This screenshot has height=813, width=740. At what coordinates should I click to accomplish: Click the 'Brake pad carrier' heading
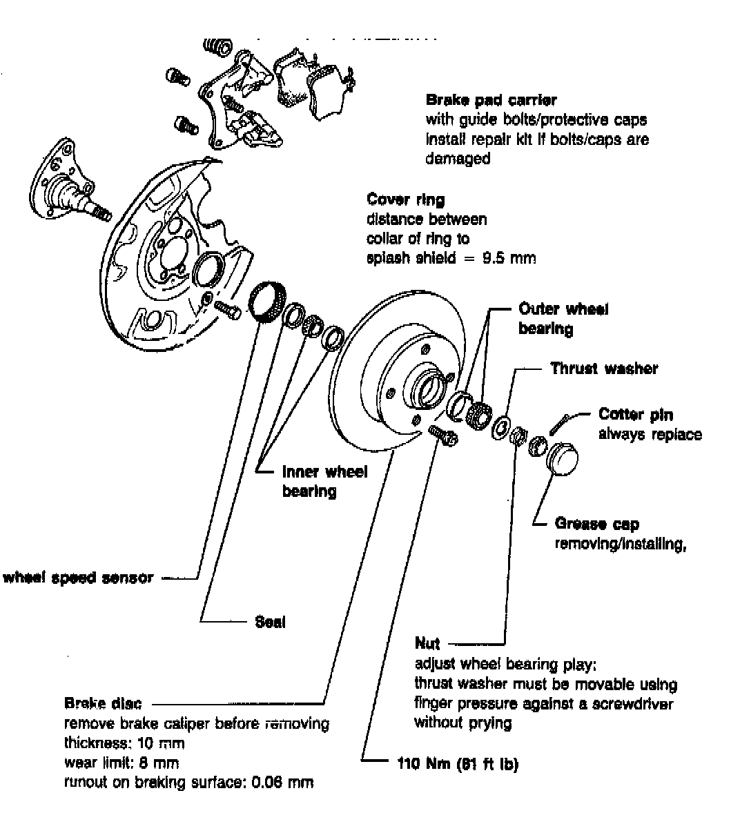pos(491,100)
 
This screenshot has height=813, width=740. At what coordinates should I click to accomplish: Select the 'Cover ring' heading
pos(405,200)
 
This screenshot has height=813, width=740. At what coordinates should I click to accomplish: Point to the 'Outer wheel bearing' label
pos(563,319)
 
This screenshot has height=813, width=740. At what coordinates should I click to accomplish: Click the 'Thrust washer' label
pos(603,369)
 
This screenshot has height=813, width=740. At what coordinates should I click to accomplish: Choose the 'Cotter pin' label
pos(635,415)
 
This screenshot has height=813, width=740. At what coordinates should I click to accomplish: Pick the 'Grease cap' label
pos(596,525)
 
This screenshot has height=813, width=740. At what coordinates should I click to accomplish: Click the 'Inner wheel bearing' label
pos(324,481)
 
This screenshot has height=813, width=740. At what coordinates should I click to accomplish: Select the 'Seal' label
pos(270,622)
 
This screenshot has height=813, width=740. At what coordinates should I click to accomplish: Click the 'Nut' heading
pos(427,644)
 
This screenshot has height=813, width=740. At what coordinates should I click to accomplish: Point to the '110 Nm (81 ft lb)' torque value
pos(457,764)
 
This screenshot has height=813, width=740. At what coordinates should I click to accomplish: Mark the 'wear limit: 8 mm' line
pos(121,763)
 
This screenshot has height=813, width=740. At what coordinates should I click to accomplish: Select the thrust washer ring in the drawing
pos(500,427)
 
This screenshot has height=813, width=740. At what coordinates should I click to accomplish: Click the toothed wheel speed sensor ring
pos(266,302)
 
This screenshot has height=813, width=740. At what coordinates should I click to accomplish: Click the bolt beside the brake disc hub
pos(442,436)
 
